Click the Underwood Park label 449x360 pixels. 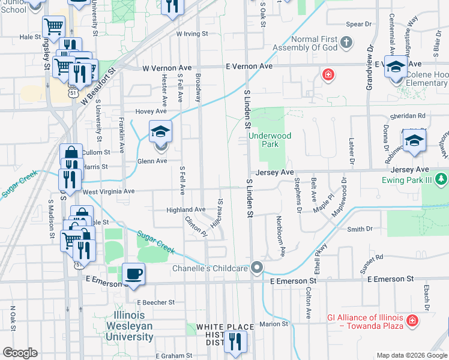[x=270, y=140]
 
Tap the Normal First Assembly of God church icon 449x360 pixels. [x=346, y=43]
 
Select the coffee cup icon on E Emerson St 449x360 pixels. [x=133, y=273]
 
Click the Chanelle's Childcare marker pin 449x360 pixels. [x=258, y=268]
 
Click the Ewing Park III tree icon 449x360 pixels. [x=441, y=179]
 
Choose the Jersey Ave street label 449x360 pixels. [x=274, y=172]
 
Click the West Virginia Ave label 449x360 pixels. [x=109, y=191]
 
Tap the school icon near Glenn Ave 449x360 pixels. [x=160, y=131]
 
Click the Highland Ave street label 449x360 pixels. [x=186, y=210]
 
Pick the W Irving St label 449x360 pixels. [x=191, y=34]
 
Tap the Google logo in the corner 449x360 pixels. [x=20, y=353]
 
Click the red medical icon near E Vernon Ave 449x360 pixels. [x=328, y=75]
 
